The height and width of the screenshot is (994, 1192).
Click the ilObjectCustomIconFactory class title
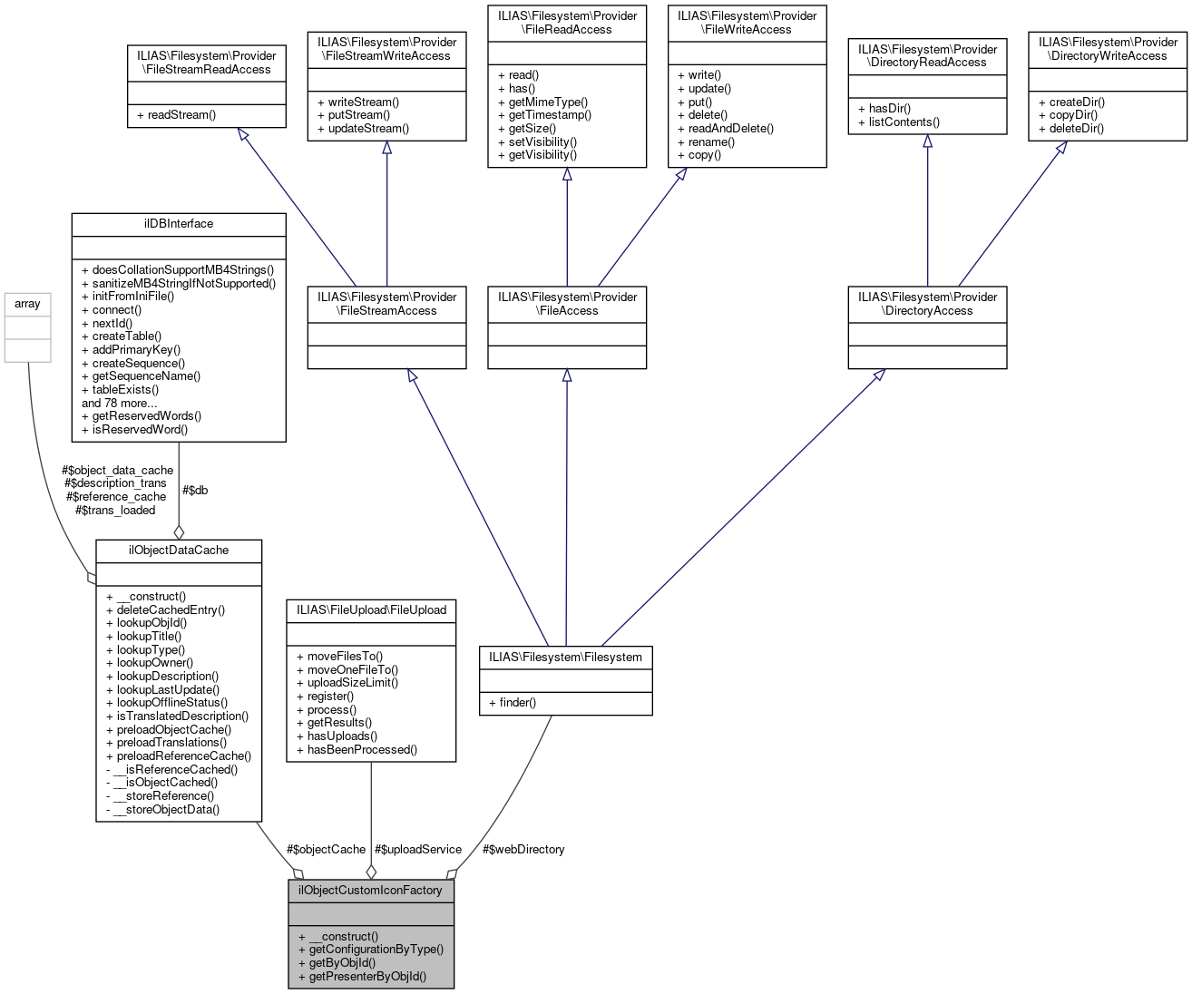pos(370,890)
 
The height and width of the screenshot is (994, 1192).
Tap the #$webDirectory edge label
pos(523,849)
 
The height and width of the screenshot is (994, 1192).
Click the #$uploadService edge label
pos(418,849)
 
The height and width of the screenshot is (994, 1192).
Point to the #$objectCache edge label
pos(326,849)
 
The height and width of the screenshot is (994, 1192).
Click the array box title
pos(27,304)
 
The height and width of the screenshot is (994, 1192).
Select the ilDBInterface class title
pos(178,223)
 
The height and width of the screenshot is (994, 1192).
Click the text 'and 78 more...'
pos(119,403)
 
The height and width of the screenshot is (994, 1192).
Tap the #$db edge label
pos(195,490)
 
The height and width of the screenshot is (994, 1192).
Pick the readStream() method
pos(181,115)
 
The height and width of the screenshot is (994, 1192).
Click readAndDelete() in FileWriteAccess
pos(731,128)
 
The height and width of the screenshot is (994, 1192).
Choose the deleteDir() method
pos(1077,128)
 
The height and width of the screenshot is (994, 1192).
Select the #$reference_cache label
pos(116,496)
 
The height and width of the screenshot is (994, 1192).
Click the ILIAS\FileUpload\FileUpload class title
pos(371,609)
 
